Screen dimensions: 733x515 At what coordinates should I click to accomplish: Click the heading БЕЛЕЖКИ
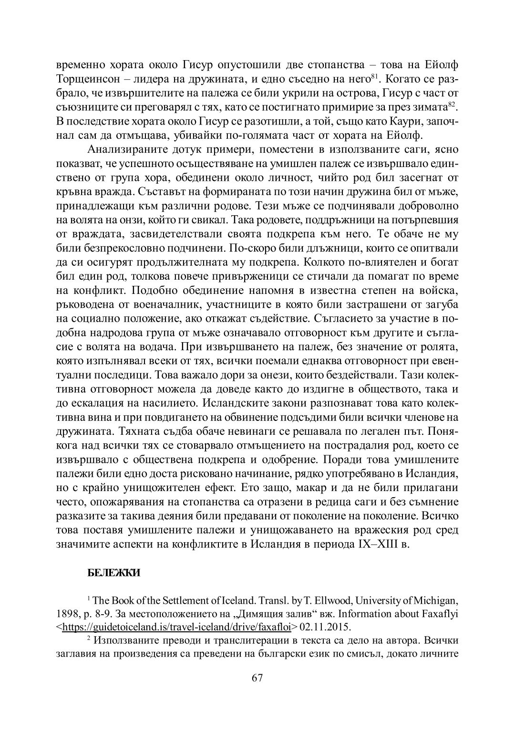(x=114, y=574)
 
